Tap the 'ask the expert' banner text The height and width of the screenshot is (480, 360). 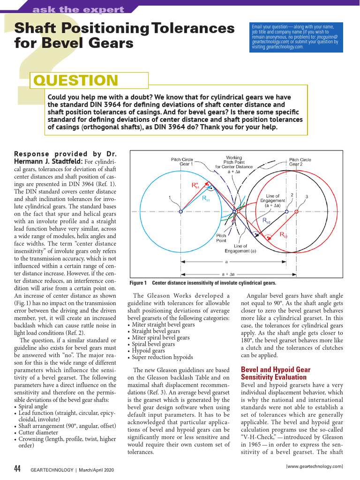click(x=78, y=9)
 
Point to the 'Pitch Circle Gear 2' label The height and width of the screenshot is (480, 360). click(x=300, y=162)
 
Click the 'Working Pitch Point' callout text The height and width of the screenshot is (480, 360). click(x=234, y=162)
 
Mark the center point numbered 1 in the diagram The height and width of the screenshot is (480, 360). click(x=181, y=212)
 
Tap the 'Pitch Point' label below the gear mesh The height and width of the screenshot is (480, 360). click(x=221, y=238)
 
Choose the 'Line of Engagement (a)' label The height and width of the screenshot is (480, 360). click(x=240, y=248)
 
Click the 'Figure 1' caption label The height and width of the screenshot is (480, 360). click(x=138, y=283)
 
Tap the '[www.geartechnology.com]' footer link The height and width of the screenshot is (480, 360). click(x=314, y=466)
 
